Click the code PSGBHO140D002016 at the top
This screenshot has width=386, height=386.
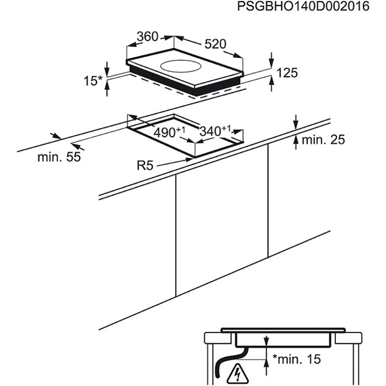[303, 7]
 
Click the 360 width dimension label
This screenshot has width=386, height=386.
[147, 37]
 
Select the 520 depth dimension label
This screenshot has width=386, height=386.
[215, 44]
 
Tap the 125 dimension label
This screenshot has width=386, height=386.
[287, 73]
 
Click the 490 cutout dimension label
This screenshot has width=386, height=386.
[169, 132]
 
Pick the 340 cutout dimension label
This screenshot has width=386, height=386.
[215, 131]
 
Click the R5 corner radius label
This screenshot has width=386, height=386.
[145, 165]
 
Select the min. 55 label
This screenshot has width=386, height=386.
[59, 157]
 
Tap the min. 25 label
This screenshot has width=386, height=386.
[323, 140]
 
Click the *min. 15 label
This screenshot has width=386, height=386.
[297, 359]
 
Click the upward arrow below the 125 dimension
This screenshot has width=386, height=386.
[271, 84]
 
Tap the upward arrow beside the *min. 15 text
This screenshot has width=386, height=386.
[266, 367]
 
